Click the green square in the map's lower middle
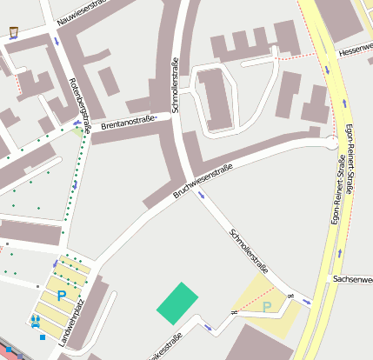tap(177, 301)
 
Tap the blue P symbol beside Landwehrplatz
tap(61, 296)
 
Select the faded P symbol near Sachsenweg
tap(267, 307)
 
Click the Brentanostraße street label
tap(129, 124)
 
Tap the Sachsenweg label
tap(353, 279)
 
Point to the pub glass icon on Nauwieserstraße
tap(13, 33)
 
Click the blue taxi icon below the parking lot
tap(35, 321)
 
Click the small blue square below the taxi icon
tap(42, 337)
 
